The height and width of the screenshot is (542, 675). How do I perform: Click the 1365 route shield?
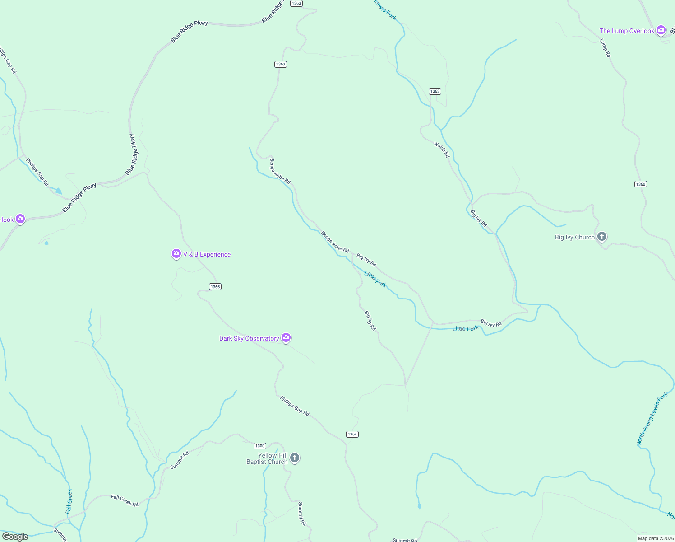click(x=215, y=287)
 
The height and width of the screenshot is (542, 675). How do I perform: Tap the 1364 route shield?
click(x=352, y=434)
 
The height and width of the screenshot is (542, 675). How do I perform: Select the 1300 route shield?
click(x=260, y=446)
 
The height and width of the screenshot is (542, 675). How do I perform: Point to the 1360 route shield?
click(x=640, y=184)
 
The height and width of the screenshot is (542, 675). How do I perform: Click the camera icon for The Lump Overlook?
click(x=661, y=30)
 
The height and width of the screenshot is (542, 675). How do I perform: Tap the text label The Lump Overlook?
click(x=627, y=31)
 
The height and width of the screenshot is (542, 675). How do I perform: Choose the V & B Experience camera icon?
click(x=176, y=254)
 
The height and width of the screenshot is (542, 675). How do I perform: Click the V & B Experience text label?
click(x=207, y=254)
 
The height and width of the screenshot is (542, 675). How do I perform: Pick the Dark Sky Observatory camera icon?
click(x=286, y=338)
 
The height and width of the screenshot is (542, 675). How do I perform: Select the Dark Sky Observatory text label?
click(x=249, y=338)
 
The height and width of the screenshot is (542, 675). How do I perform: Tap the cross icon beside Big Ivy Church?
click(x=601, y=236)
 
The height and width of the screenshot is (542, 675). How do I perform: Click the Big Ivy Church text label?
click(x=574, y=237)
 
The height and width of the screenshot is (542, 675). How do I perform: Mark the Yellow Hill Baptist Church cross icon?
click(x=294, y=458)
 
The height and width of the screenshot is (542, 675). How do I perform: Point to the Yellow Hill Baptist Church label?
click(x=267, y=458)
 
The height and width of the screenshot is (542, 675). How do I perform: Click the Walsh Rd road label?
click(x=442, y=150)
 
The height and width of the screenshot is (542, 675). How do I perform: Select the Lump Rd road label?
click(x=605, y=48)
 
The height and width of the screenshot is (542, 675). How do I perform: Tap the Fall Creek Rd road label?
click(x=125, y=500)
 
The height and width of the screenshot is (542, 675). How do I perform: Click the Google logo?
click(x=15, y=537)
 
